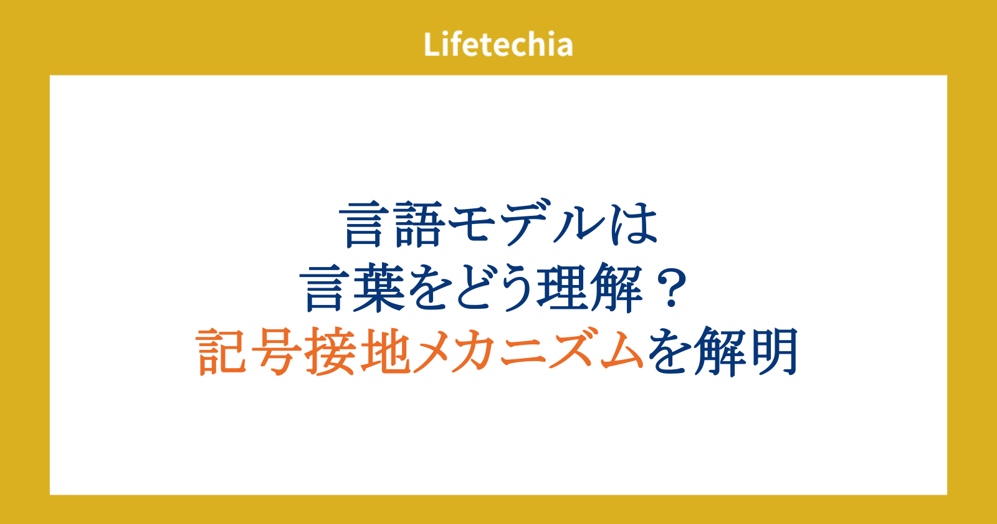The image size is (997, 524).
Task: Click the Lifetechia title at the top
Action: [498, 44]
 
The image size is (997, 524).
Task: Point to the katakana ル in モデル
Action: [580, 225]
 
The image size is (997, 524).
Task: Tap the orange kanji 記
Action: [221, 352]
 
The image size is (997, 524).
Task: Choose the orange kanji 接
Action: [330, 352]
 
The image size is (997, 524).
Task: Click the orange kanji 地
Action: [385, 352]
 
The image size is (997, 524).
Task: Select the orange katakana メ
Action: [439, 352]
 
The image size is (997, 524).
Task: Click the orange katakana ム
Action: [621, 352]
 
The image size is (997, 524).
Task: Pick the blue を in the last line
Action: [670, 352]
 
